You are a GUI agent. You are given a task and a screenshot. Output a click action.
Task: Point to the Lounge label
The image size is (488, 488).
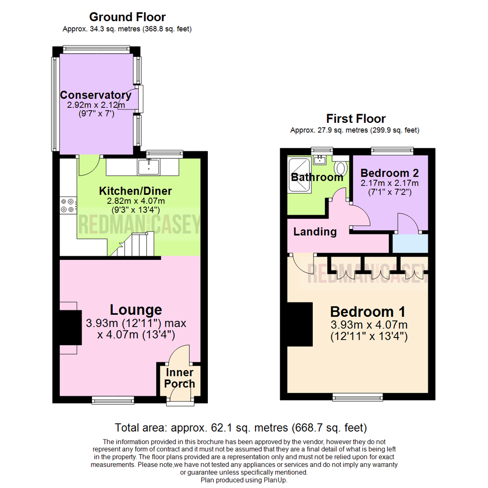point(136,310)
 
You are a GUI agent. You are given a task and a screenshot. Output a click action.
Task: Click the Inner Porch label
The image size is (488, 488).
point(179,379)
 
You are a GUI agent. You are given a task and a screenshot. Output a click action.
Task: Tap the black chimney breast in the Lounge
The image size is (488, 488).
point(70,328)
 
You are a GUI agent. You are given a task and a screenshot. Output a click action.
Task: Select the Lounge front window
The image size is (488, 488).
point(113,399)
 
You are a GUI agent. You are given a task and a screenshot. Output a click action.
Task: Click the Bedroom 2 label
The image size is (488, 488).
point(389,173)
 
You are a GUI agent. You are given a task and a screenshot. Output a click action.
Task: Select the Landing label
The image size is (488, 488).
point(315,232)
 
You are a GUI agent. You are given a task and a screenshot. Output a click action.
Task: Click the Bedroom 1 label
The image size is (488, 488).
point(367,312)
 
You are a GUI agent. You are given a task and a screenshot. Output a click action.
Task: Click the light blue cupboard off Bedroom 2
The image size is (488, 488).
point(409,244)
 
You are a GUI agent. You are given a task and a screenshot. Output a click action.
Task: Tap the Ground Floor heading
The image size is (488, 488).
point(127,17)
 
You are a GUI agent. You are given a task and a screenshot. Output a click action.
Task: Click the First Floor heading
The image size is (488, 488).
point(356,119)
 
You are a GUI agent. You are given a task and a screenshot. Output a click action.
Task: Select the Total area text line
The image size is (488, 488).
point(241,427)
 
